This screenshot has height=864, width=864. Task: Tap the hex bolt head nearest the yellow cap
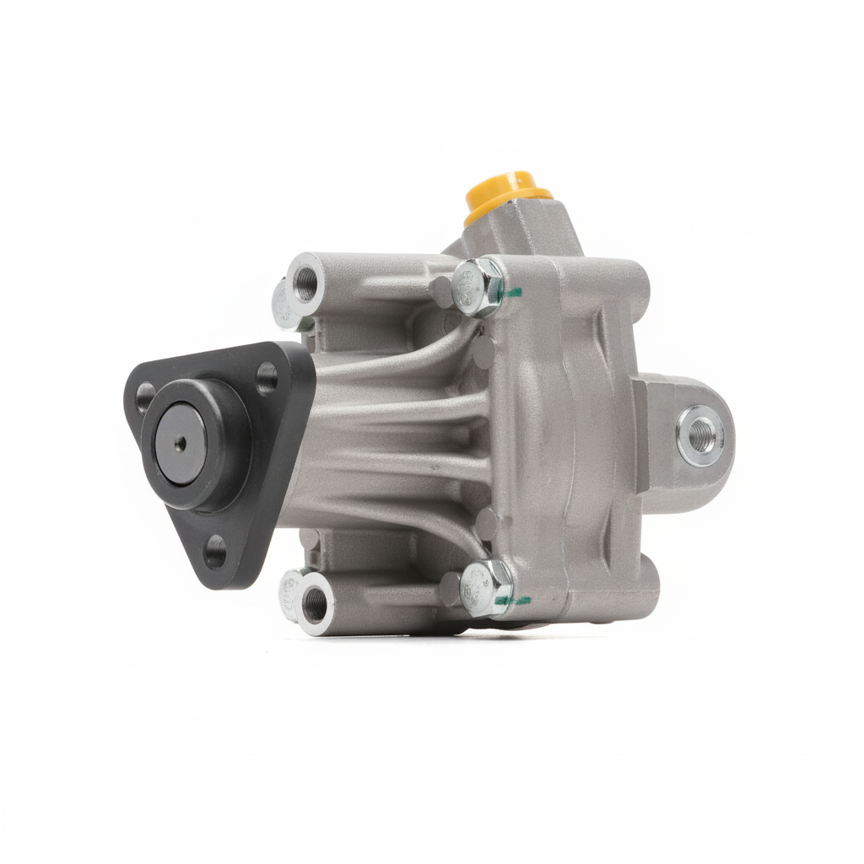click(x=477, y=286)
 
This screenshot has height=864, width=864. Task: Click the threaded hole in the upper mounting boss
click(x=305, y=282)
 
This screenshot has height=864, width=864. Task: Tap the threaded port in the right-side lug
click(x=700, y=435)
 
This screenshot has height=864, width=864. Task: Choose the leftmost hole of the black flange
click(x=143, y=397)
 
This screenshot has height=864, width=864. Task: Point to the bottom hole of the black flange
click(x=216, y=552)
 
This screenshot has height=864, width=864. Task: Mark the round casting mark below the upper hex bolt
click(x=482, y=353)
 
